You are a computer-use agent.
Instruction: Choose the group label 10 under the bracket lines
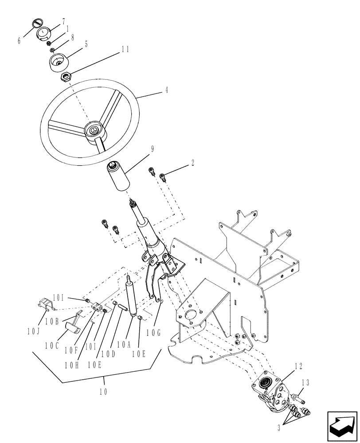pos(105,392)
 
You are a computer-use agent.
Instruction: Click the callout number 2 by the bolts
pos(193,163)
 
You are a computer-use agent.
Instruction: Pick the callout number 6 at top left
pos(19,41)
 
